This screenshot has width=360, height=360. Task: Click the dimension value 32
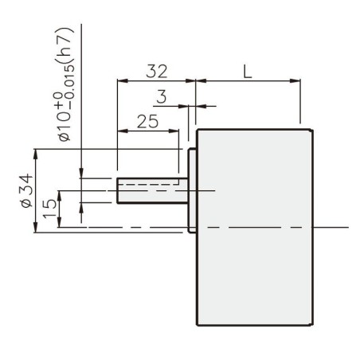point(156,71)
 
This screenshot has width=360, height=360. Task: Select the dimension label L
point(247,71)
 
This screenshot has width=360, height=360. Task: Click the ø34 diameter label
point(25,191)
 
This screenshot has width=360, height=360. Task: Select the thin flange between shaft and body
point(192,190)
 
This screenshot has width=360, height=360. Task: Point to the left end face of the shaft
point(118,190)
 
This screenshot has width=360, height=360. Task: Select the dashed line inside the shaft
point(148,182)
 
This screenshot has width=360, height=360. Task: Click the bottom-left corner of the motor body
point(197,326)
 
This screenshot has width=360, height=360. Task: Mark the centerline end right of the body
point(347,228)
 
